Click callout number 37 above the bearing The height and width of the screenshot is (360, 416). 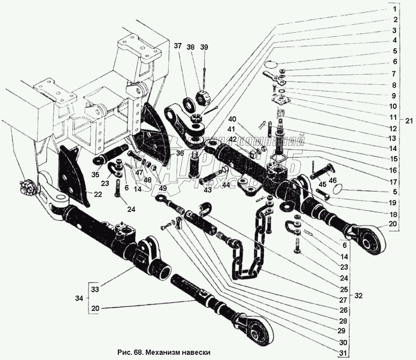(x=177, y=46)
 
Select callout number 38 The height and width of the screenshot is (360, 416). (x=191, y=47)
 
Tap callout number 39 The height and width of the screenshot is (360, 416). (x=204, y=47)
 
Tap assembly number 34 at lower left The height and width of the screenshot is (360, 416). (x=80, y=299)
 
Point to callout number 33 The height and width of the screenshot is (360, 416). (x=95, y=289)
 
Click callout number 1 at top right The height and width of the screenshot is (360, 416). (x=393, y=9)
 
